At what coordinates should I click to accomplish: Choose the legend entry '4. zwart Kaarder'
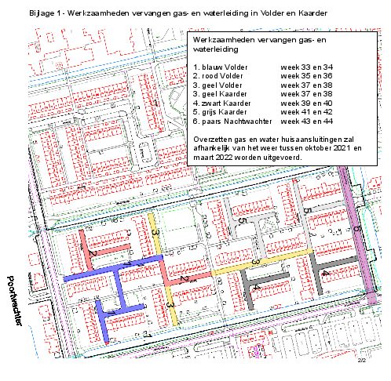(x=221, y=103)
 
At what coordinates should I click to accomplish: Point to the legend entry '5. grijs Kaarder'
(x=221, y=112)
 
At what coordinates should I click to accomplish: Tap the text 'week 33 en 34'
(x=306, y=67)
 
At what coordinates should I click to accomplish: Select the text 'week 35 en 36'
(x=306, y=76)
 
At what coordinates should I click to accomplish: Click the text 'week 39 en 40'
(x=306, y=103)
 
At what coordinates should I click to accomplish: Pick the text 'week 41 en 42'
(x=306, y=112)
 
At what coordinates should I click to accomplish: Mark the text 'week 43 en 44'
(x=306, y=122)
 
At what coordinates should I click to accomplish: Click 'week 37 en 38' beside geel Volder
(x=306, y=85)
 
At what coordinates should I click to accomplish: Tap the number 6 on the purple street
(x=357, y=228)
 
